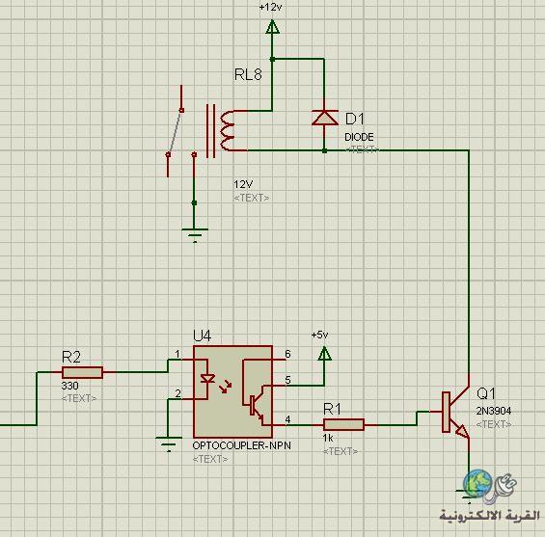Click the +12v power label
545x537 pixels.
[x=270, y=7]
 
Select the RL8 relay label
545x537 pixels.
[x=248, y=74]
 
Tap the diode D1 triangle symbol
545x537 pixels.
[x=325, y=118]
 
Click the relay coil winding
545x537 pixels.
[x=227, y=131]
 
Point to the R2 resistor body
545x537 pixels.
[x=82, y=372]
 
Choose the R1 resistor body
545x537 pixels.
[x=343, y=425]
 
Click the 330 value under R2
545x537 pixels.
[x=69, y=386]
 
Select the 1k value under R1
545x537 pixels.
[x=328, y=438]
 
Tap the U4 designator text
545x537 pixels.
[x=202, y=336]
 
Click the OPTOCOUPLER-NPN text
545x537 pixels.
[x=241, y=445]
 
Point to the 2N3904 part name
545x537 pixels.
[x=494, y=411]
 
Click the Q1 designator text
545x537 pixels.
[x=485, y=393]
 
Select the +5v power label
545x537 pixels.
[x=320, y=335]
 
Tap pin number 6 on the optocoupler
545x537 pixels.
[x=287, y=354]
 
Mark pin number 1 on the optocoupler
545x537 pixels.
[x=177, y=354]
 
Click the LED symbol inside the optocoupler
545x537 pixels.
[x=207, y=379]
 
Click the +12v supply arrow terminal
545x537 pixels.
[x=272, y=27]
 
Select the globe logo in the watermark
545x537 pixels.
[x=477, y=483]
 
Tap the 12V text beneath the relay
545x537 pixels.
[x=243, y=184]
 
